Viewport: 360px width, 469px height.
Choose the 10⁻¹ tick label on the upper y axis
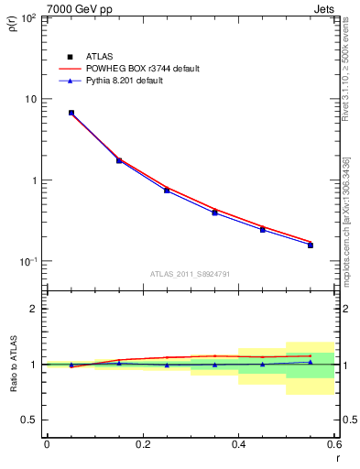tap(29, 262)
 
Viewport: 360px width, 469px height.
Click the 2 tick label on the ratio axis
tap(35, 309)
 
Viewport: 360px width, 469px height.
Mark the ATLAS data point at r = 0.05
tap(71, 113)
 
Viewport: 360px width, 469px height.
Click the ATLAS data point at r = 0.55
tap(311, 245)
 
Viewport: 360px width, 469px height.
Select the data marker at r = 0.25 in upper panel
tap(167, 190)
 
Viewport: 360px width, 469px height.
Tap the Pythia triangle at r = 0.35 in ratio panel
tap(214, 365)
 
